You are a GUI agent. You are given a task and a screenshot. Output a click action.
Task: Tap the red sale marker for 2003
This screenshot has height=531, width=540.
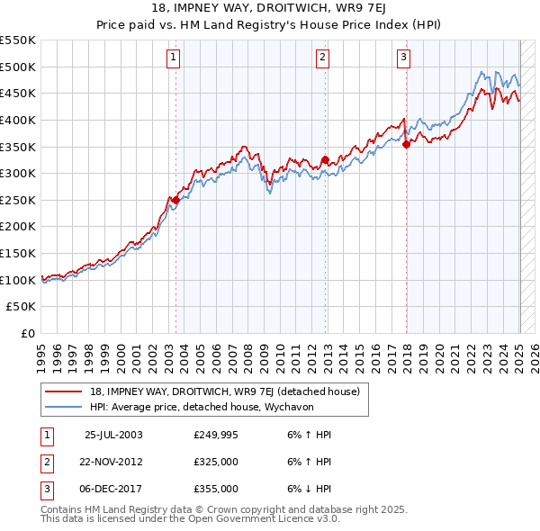(x=175, y=201)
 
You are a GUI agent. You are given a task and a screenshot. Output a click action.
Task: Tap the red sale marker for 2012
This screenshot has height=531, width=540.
(x=325, y=161)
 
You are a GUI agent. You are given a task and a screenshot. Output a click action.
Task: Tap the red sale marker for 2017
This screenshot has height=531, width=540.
(x=406, y=144)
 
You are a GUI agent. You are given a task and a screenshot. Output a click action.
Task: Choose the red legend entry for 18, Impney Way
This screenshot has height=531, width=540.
(x=224, y=391)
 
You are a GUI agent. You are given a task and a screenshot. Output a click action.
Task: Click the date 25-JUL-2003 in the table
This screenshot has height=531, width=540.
(x=113, y=435)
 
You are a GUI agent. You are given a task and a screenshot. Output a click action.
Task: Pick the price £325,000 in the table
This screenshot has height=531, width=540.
(x=216, y=462)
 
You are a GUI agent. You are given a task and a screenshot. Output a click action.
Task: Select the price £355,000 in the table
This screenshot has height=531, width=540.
(x=216, y=489)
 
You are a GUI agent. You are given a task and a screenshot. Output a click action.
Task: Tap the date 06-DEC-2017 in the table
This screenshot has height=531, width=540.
(x=112, y=489)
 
